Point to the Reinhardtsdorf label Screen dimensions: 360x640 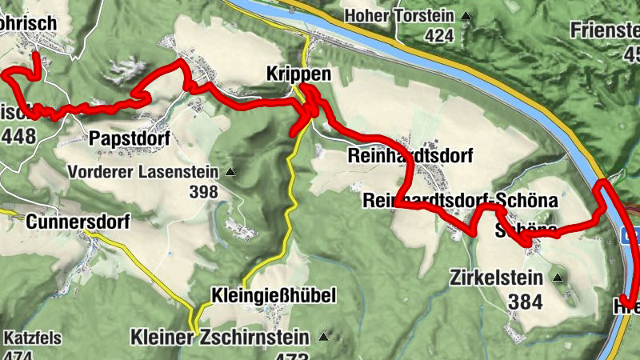(410, 155)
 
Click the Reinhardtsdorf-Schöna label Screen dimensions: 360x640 (459, 200)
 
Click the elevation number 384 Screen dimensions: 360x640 (525, 302)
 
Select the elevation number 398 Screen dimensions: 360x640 (204, 192)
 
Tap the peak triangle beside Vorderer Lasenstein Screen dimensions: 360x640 (231, 172)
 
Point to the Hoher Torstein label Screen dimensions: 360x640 (398, 16)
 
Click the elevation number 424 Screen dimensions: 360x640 (439, 35)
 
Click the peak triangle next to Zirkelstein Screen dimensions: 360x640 (557, 278)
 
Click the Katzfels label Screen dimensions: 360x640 (32, 338)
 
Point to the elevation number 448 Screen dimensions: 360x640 (18, 136)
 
